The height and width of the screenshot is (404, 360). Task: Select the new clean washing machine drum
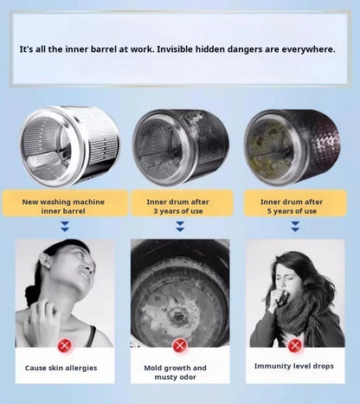click(70, 146)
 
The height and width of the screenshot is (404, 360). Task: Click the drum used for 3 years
click(181, 147)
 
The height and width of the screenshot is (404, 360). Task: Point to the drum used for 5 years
click(292, 147)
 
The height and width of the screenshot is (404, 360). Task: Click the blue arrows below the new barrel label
click(65, 227)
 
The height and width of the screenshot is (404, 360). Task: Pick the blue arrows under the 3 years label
click(180, 227)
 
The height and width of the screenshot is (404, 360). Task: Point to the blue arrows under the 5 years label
click(295, 227)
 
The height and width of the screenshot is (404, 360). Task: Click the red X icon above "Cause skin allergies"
click(65, 345)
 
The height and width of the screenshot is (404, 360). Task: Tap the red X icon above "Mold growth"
click(180, 345)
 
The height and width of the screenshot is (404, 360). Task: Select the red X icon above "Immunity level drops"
click(295, 345)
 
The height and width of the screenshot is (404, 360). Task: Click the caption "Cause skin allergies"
click(61, 368)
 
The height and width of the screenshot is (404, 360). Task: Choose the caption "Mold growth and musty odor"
click(175, 372)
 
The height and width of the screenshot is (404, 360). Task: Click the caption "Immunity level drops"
click(294, 366)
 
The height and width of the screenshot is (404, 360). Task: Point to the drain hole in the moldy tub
click(177, 316)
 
